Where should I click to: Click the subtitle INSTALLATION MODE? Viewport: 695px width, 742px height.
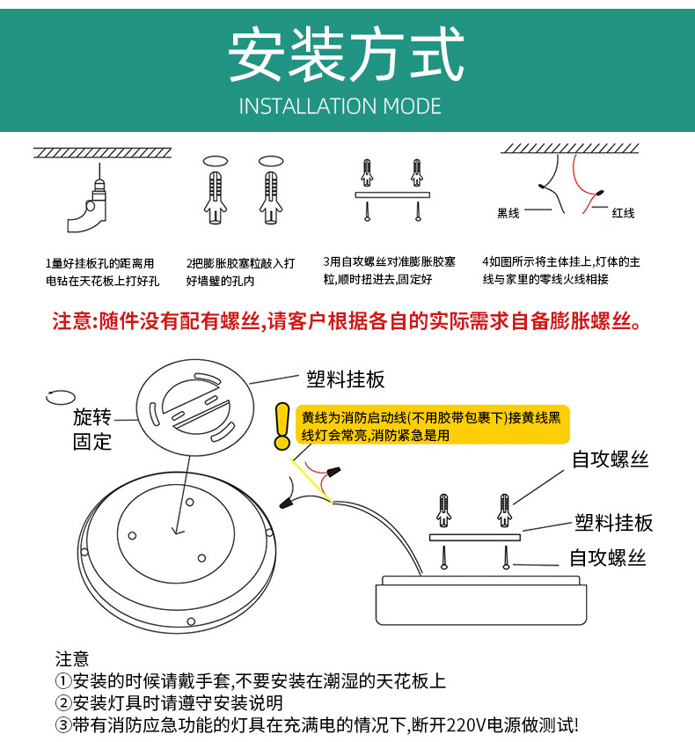pyautogui.click(x=340, y=107)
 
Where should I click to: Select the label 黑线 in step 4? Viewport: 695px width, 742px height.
pyautogui.click(x=508, y=213)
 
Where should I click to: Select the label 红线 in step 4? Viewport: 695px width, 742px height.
pyautogui.click(x=623, y=213)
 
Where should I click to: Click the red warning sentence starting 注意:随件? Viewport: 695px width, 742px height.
pyautogui.click(x=347, y=320)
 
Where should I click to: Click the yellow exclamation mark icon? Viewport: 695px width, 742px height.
pyautogui.click(x=282, y=427)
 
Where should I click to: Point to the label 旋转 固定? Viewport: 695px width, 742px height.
pyautogui.click(x=92, y=430)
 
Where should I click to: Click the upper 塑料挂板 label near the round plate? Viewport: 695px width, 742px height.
pyautogui.click(x=346, y=379)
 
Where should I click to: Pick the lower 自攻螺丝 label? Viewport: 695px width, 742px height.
pyautogui.click(x=608, y=557)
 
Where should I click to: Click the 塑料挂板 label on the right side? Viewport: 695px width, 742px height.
pyautogui.click(x=614, y=523)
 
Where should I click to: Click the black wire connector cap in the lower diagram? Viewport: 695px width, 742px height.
pyautogui.click(x=288, y=503)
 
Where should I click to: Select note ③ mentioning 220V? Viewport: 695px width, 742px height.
pyautogui.click(x=317, y=725)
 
